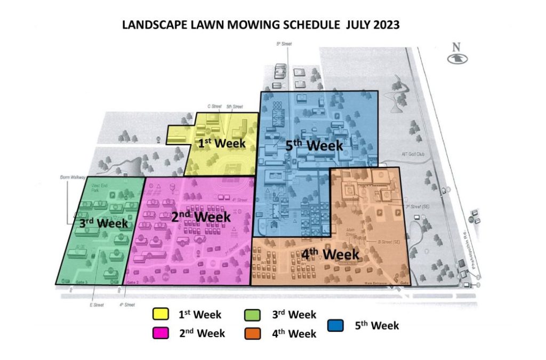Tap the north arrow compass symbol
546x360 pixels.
(455, 57)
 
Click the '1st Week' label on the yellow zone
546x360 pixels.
(222, 143)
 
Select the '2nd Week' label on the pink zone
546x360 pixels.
(201, 217)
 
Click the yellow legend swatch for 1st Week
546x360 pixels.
(160, 314)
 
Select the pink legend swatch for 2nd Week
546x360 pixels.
(160, 333)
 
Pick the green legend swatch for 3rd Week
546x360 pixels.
(253, 315)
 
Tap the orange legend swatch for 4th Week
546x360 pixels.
(253, 334)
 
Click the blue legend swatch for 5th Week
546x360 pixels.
(334, 325)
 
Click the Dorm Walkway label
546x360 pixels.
(69, 177)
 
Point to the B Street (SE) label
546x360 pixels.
(389, 242)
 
